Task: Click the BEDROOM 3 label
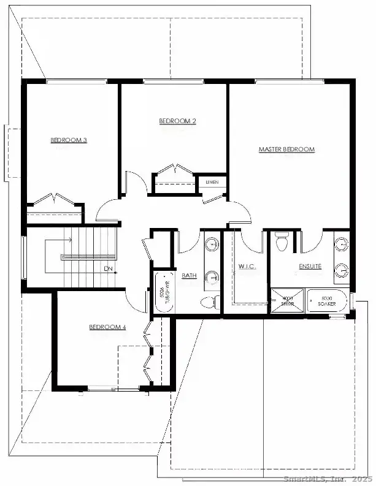click(68, 140)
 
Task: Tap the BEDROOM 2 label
click(177, 121)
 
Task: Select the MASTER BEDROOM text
click(286, 150)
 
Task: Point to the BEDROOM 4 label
click(107, 327)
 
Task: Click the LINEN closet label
click(212, 182)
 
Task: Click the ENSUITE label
click(310, 267)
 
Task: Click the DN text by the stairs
click(108, 268)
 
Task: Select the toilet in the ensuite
click(282, 242)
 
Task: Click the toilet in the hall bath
click(210, 302)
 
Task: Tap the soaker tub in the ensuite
click(328, 302)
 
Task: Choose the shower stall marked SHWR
click(287, 302)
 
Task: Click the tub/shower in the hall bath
click(164, 292)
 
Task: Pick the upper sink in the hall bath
click(212, 245)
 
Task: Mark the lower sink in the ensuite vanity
click(342, 270)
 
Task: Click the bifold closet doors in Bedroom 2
click(174, 170)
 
